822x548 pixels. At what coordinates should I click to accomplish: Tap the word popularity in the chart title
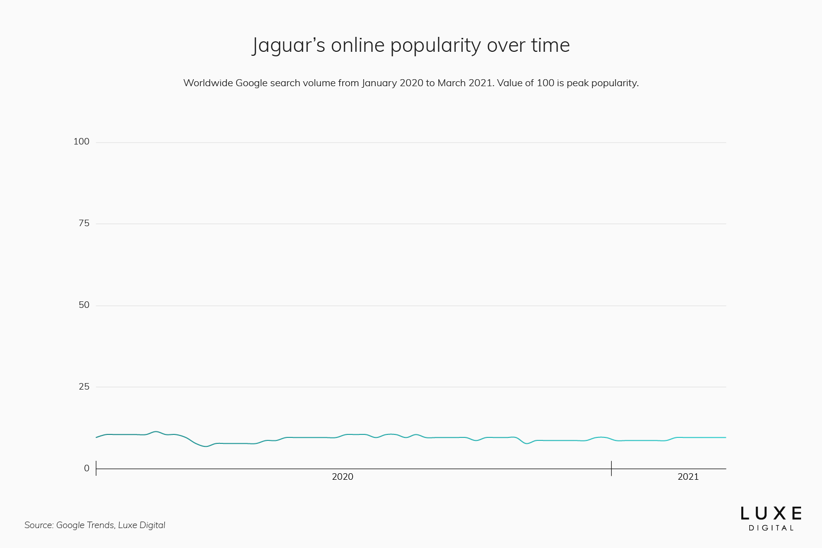(x=435, y=46)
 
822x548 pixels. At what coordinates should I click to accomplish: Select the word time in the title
(x=550, y=46)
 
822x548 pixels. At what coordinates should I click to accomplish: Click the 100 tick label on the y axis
(x=81, y=141)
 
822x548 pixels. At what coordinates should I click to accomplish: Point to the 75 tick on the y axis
(x=84, y=223)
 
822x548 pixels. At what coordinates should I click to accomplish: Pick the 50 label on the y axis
(x=84, y=305)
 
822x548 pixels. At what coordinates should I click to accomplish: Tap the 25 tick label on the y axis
(x=84, y=387)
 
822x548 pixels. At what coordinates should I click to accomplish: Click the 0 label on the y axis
(x=87, y=468)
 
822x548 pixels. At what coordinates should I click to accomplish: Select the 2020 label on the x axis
(x=342, y=477)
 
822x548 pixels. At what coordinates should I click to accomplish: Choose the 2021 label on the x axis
(x=688, y=477)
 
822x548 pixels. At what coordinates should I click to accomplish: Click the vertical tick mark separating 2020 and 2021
(x=611, y=468)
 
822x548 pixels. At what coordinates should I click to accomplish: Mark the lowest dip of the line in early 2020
(x=205, y=446)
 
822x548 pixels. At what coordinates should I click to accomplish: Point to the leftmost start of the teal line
(x=96, y=437)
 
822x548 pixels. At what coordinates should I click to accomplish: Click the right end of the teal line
(x=725, y=437)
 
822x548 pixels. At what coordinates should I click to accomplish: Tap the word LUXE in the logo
(x=771, y=514)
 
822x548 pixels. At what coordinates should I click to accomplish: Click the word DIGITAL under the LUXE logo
(x=771, y=528)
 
